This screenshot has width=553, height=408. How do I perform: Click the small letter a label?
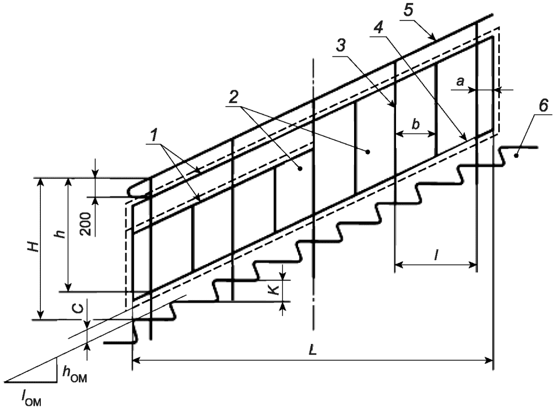pos(460,83)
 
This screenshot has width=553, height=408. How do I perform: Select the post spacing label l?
pos(436,254)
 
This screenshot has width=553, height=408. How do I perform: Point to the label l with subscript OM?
pos(29,399)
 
